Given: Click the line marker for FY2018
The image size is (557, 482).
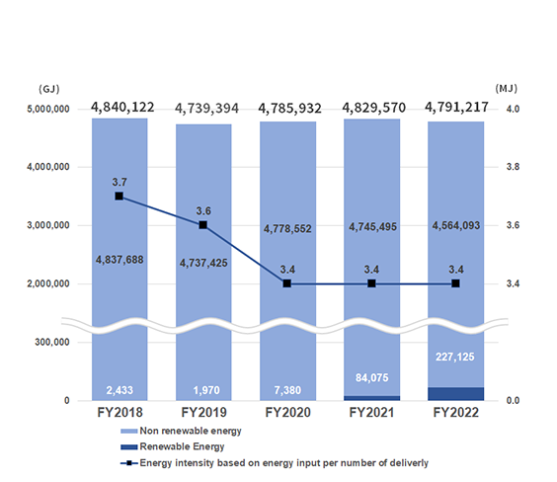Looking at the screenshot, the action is coord(119,197).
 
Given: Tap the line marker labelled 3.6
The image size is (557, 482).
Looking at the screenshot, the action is coord(203,225).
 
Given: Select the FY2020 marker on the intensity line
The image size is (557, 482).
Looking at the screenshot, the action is coord(287,283).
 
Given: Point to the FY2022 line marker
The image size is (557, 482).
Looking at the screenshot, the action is coord(455,283).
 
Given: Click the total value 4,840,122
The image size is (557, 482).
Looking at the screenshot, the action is coord(122,107).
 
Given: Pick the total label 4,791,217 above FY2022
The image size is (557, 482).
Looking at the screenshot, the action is coord(456,107).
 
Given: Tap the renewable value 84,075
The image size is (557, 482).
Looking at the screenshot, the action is coord(372,377).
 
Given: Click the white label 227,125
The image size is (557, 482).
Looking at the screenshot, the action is coord(455,357).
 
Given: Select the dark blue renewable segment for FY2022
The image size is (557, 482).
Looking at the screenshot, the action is coord(455,394).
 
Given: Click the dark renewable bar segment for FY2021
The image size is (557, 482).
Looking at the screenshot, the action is coord(372,398).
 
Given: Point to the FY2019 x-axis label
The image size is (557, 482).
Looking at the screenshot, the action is coord(203,413).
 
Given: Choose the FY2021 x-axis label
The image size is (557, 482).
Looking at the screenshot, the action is coord(371,413).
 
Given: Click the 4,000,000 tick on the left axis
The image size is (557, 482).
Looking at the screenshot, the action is coord(48,167).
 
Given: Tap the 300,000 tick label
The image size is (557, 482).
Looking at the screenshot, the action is coord(52,342).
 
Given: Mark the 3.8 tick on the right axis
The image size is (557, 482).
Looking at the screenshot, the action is coord(513,167).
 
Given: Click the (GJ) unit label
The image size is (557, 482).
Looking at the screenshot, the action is coord(49,89).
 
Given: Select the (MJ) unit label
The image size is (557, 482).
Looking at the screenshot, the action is coord(507,88).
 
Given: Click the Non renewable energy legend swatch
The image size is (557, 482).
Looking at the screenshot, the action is coord(129,432).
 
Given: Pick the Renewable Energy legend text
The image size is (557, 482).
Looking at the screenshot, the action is coord(182,446).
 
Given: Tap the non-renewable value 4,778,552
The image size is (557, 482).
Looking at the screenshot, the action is coord(287,229).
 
